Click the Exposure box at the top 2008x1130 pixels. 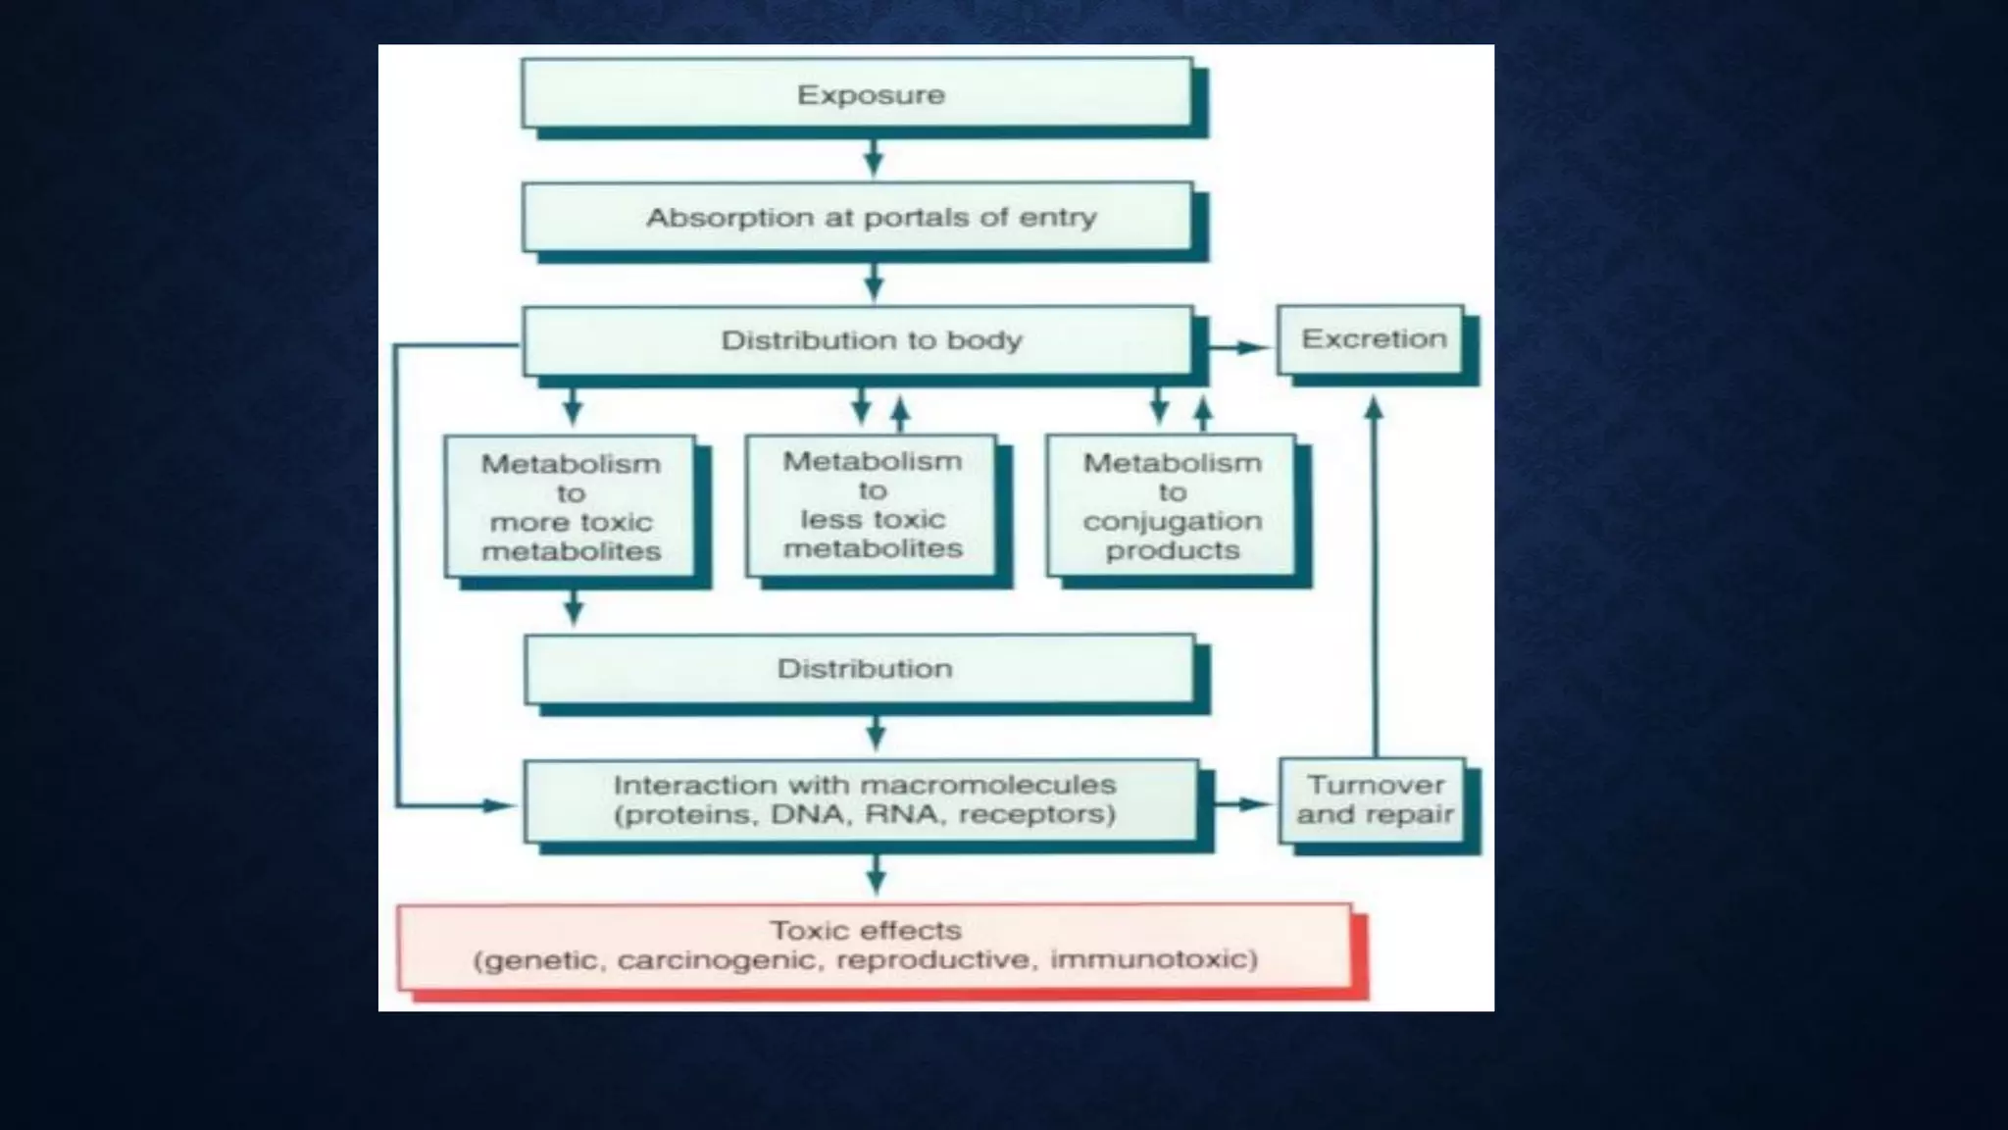(x=857, y=94)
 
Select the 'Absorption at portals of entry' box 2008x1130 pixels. (x=857, y=217)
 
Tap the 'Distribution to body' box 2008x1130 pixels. (x=857, y=340)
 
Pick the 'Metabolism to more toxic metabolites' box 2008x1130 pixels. (x=570, y=506)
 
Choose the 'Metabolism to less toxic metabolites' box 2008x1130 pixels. (x=872, y=505)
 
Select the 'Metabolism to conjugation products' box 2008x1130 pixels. (x=1172, y=506)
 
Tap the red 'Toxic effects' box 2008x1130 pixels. (x=874, y=946)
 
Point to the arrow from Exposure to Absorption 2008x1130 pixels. (x=874, y=158)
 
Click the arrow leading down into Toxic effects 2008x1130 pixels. (x=876, y=873)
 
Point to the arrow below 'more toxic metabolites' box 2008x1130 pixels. (x=575, y=607)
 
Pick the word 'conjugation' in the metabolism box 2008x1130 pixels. (x=1172, y=522)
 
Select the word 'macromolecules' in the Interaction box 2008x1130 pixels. (x=989, y=785)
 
